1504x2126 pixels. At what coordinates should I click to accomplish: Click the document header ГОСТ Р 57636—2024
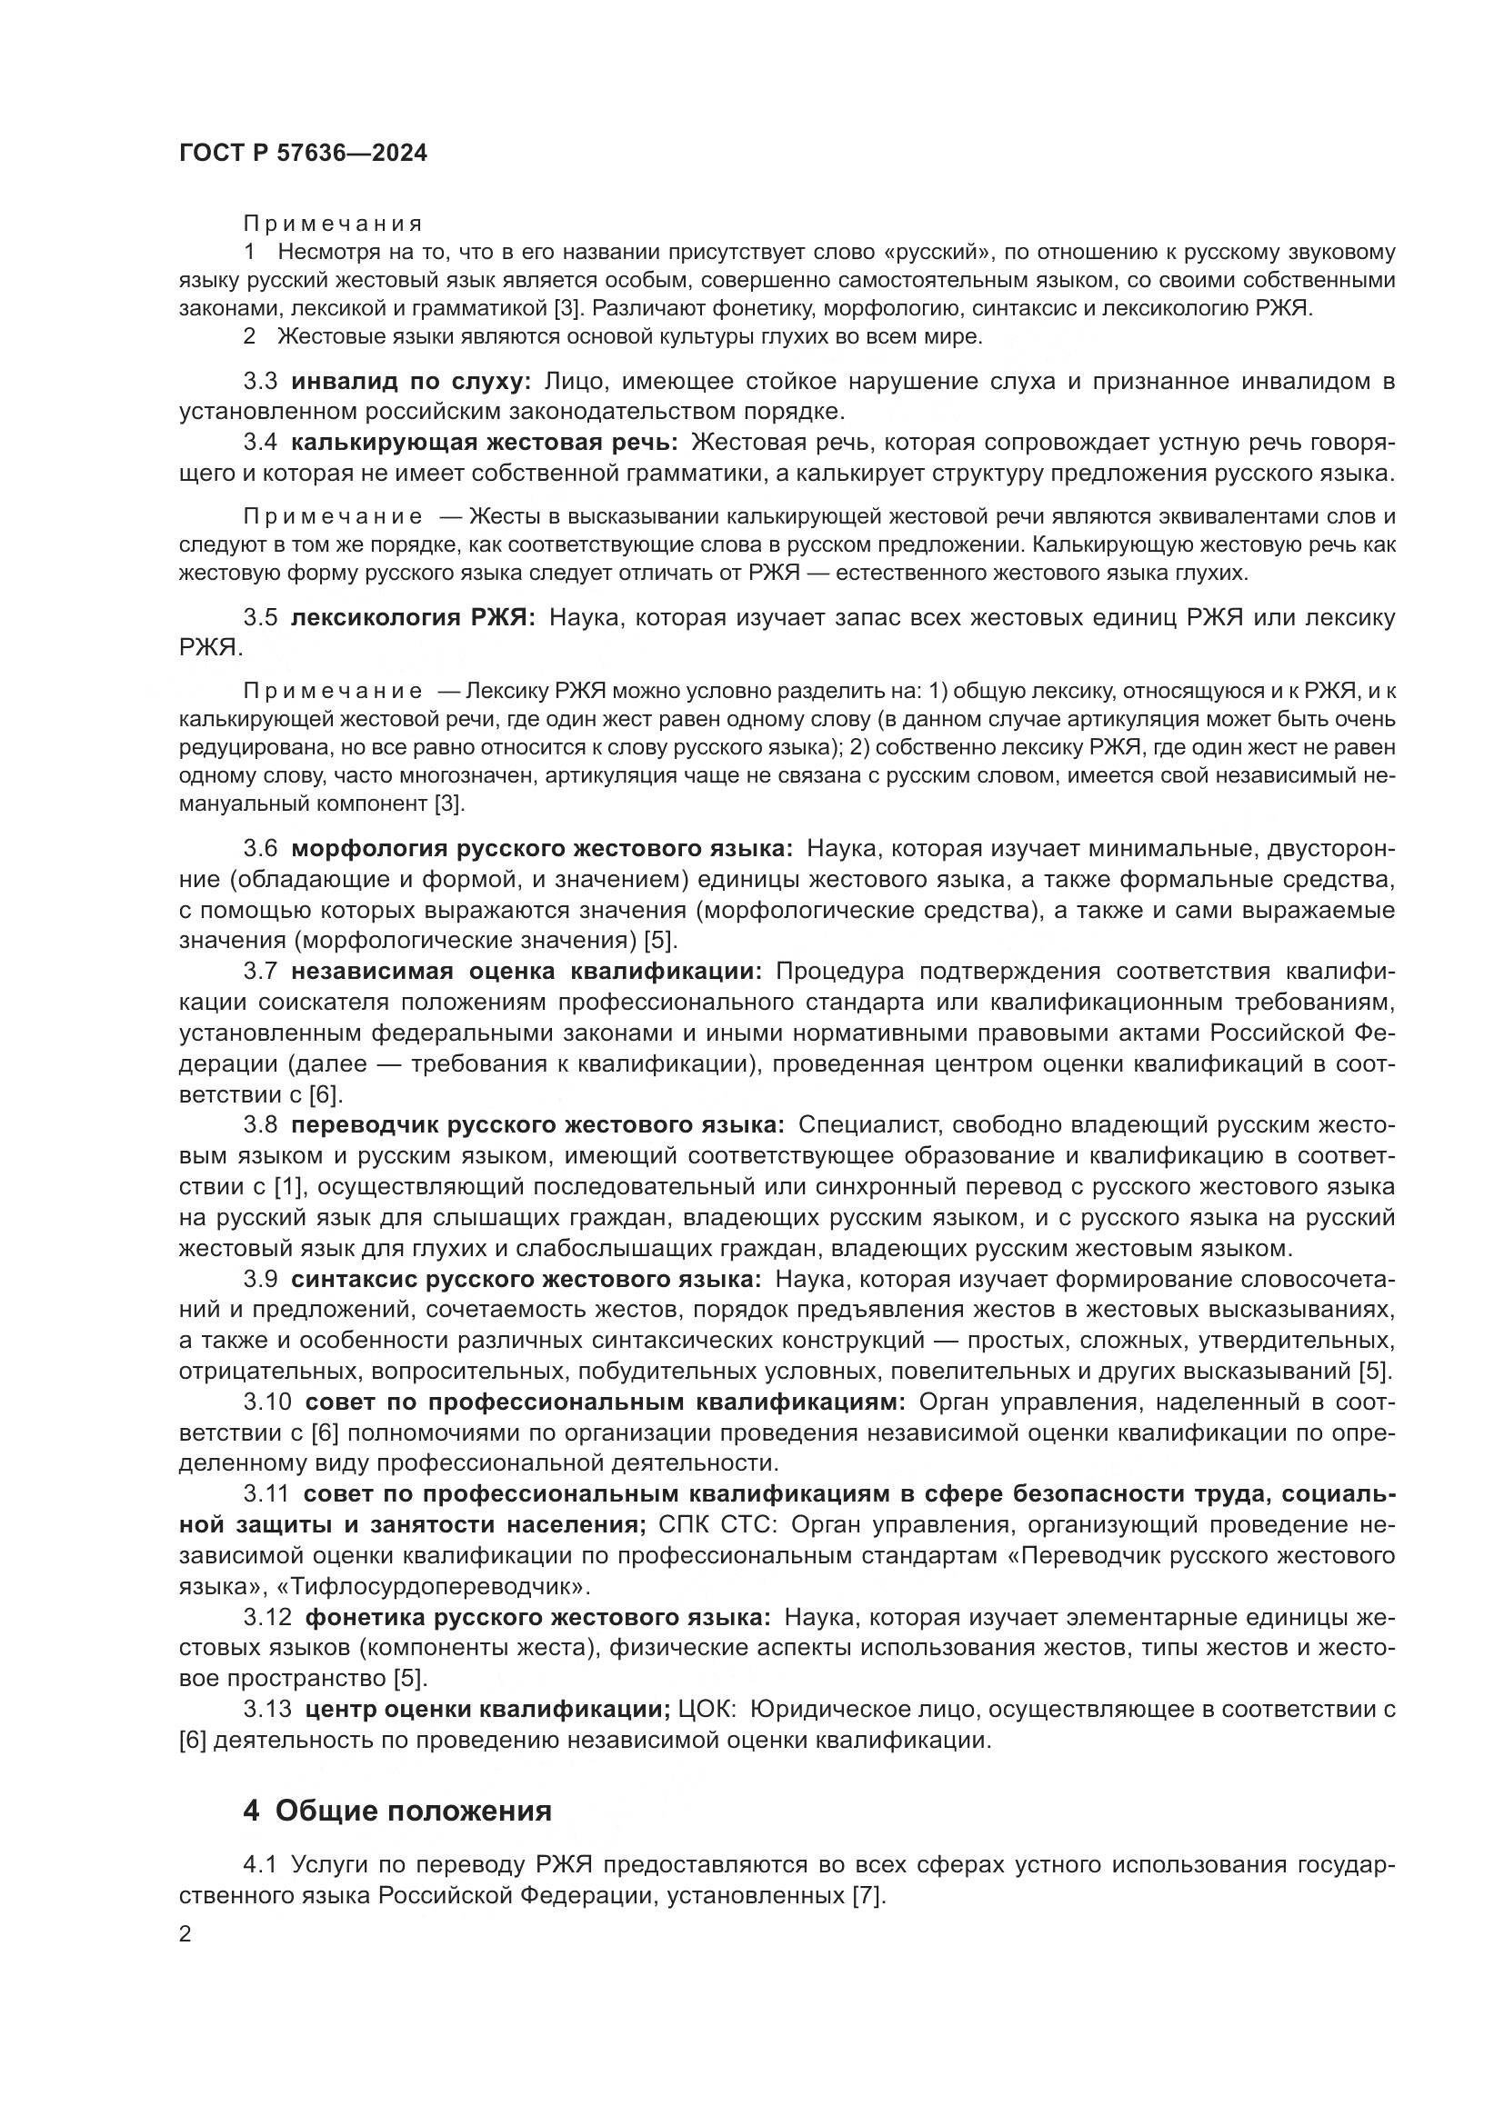point(303,154)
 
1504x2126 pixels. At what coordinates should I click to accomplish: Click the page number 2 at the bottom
point(185,1933)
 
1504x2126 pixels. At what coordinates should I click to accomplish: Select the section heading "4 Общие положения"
point(397,1810)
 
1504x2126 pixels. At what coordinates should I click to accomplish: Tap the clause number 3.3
point(260,382)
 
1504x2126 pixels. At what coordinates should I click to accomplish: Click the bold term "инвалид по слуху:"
point(411,382)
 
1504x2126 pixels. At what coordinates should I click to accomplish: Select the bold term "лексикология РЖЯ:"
point(413,617)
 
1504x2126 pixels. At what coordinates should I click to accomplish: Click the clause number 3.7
point(260,972)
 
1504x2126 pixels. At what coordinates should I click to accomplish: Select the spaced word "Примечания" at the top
point(333,224)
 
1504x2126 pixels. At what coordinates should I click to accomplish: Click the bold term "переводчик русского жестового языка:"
point(537,1125)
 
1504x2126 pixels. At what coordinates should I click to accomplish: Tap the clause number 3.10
point(266,1402)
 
